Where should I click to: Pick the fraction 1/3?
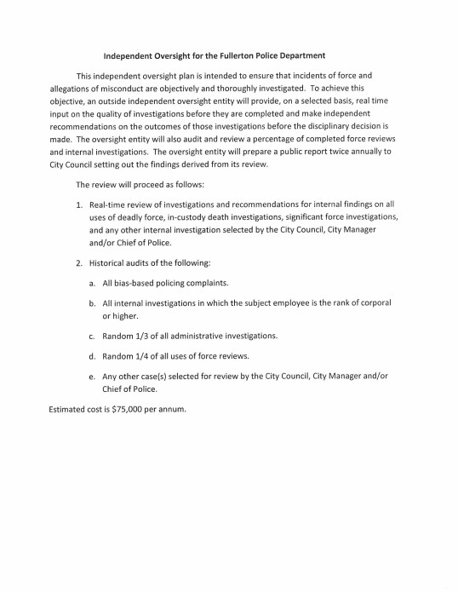click(147, 335)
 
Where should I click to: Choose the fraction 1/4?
click(147, 354)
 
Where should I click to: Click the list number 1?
click(78, 205)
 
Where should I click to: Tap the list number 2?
click(78, 262)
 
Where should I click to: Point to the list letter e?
click(92, 374)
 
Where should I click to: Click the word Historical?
click(111, 262)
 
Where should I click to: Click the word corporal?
click(374, 302)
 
